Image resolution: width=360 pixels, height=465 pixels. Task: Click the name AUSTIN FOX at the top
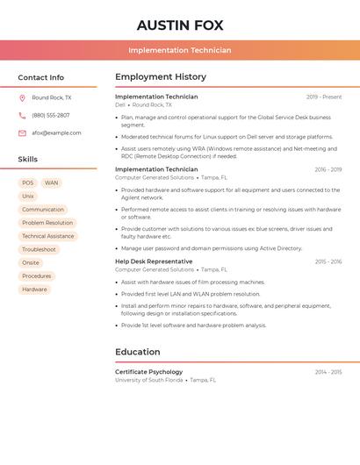[x=180, y=25]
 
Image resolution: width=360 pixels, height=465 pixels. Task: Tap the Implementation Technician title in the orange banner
[x=180, y=50]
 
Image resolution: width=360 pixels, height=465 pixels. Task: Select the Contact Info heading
[x=41, y=77]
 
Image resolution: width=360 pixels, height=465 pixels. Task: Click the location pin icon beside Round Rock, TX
[x=22, y=98]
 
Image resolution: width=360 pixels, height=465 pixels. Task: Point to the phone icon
[x=22, y=116]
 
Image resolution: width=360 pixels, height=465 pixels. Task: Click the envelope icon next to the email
[x=22, y=133]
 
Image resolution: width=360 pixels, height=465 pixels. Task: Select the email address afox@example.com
[x=56, y=133]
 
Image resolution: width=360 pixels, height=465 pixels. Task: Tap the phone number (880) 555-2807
[x=51, y=116]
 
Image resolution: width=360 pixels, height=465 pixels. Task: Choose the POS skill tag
[x=28, y=183]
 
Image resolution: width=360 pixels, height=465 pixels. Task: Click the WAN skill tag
[x=52, y=183]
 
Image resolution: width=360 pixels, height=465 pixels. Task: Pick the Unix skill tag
[x=28, y=197]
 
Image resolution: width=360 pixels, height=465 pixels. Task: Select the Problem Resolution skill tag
[x=47, y=223]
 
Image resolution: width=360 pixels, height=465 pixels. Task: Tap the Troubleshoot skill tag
[x=39, y=250]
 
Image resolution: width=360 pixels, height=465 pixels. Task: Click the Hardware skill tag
[x=35, y=290]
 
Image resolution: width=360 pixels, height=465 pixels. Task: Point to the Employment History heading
[x=161, y=77]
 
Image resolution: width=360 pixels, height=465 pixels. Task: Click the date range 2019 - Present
[x=324, y=97]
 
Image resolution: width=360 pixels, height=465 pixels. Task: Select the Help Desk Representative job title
[x=154, y=261]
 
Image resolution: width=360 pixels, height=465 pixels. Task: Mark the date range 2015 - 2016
[x=328, y=261]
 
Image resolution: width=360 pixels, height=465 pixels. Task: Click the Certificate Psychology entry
[x=149, y=372]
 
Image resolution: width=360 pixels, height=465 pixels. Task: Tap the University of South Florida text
[x=149, y=381]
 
